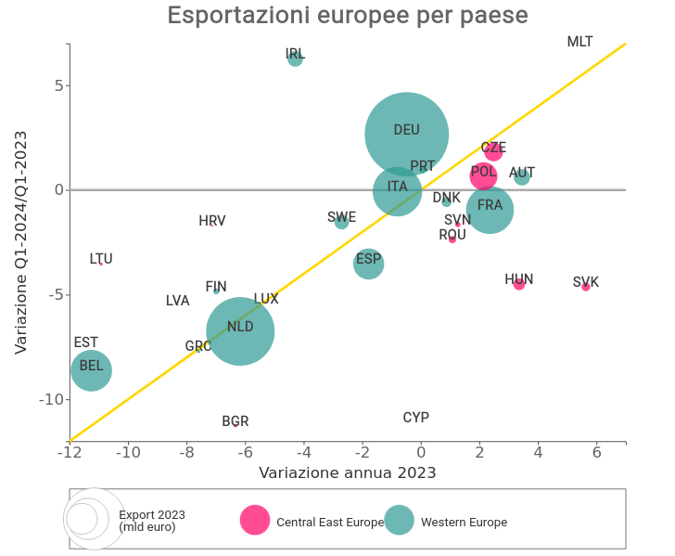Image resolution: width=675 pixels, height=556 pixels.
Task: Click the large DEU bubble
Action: (x=406, y=134)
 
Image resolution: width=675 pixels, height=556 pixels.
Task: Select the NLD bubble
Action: (x=240, y=330)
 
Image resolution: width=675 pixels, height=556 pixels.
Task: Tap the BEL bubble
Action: (x=91, y=370)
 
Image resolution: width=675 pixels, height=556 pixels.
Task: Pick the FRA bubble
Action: (x=490, y=210)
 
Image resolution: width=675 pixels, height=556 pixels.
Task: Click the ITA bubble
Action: (x=397, y=190)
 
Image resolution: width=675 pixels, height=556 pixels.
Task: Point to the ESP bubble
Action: (x=368, y=264)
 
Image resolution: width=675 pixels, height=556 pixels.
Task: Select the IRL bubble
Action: (x=295, y=58)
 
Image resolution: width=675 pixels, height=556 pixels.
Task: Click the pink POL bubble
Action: (x=483, y=175)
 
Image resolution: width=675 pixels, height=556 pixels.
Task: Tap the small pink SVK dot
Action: (x=586, y=287)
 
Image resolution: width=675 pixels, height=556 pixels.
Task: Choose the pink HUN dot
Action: (x=519, y=284)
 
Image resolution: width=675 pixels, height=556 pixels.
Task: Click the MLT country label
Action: (x=579, y=42)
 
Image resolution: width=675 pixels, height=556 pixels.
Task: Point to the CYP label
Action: (x=416, y=418)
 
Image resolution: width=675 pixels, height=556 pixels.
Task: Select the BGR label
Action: (x=236, y=421)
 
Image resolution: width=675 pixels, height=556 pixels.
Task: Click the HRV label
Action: (x=212, y=221)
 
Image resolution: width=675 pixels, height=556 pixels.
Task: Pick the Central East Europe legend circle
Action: (x=255, y=521)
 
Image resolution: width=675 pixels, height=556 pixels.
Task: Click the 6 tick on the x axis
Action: (x=596, y=453)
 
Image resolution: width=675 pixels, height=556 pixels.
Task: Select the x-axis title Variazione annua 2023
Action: (x=348, y=472)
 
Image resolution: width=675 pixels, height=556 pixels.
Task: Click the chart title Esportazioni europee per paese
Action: (x=348, y=16)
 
